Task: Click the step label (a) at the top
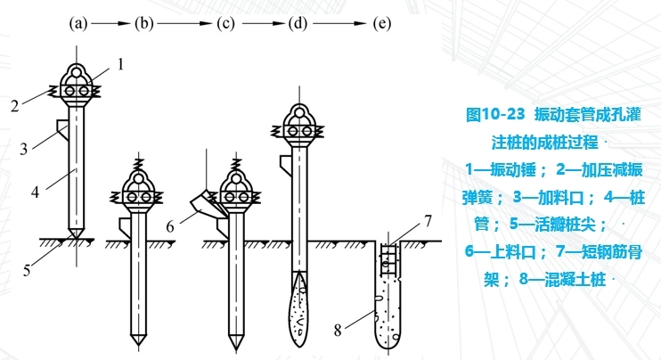[78, 24]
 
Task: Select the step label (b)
[144, 24]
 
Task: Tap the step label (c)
[227, 24]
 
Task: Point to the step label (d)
[299, 24]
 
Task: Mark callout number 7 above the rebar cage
[428, 219]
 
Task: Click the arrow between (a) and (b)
[112, 24]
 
